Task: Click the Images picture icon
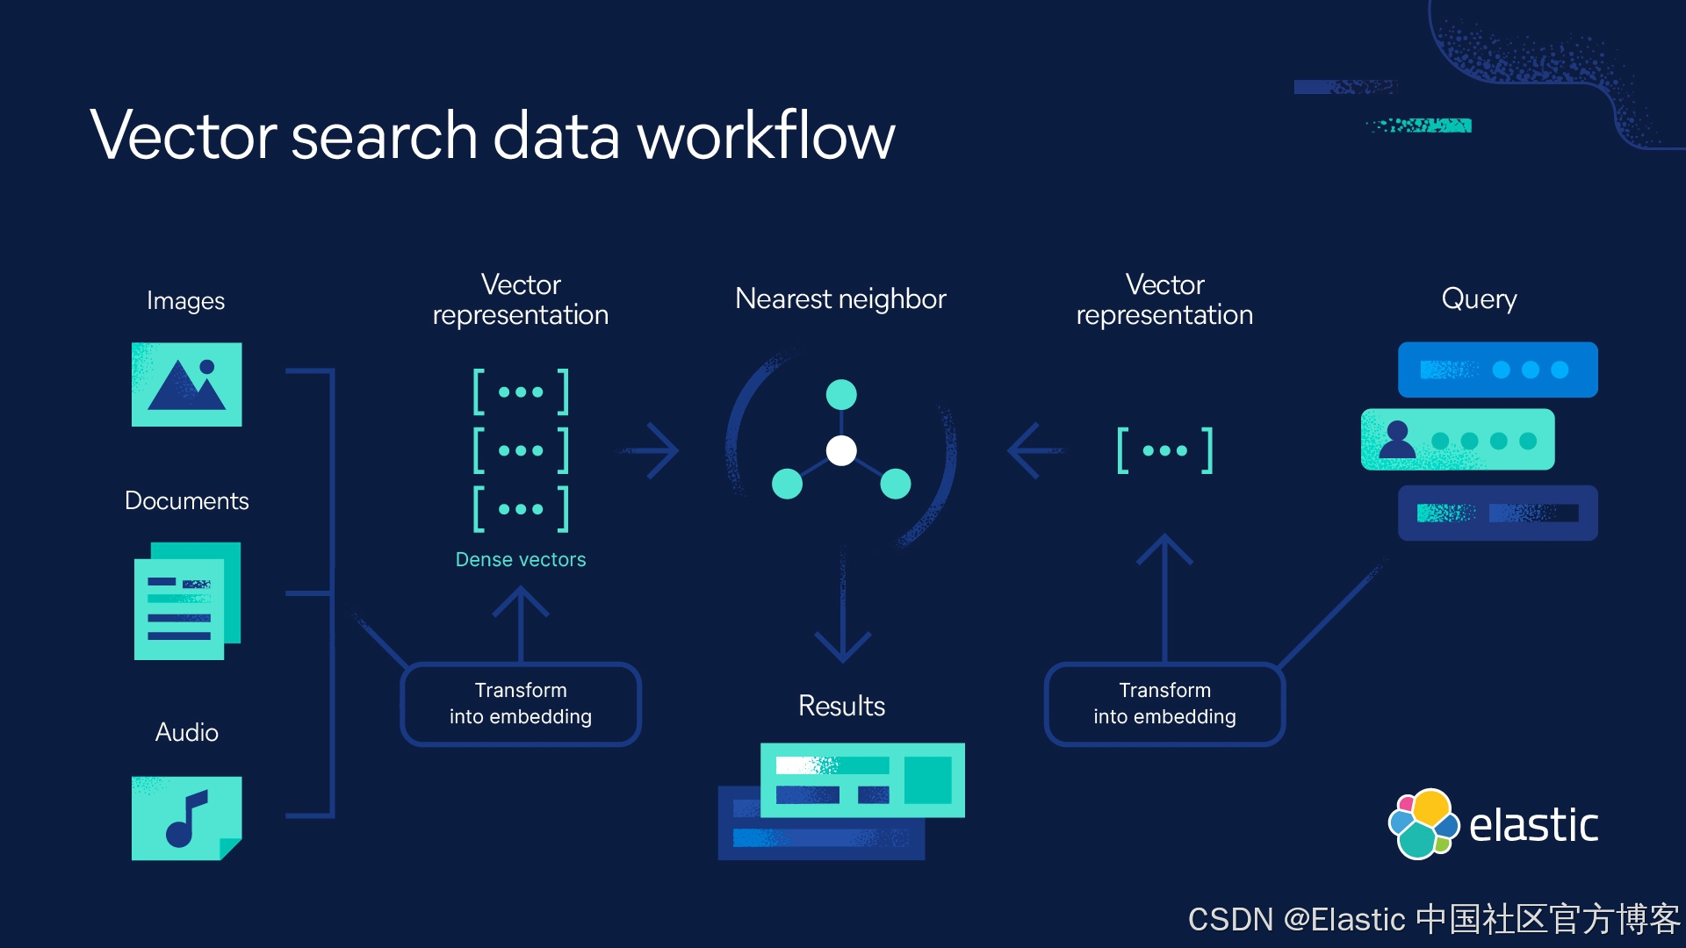[186, 384]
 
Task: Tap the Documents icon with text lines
[187, 601]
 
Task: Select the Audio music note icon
[186, 818]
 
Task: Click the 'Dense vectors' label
[521, 560]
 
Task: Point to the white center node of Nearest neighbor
[841, 450]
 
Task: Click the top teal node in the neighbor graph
[841, 395]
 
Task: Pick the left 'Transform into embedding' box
[521, 704]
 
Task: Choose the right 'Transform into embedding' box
[1164, 704]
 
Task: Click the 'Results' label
[841, 706]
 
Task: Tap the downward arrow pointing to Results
[842, 606]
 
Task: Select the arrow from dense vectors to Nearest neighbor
[650, 450]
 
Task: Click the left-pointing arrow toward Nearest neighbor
[1036, 450]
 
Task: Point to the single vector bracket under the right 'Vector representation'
[1164, 450]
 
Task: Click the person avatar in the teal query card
[1397, 439]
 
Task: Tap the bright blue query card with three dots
[1498, 370]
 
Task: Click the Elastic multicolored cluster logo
[1423, 824]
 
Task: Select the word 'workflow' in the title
[766, 135]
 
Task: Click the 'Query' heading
[1479, 300]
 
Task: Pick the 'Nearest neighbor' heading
[840, 299]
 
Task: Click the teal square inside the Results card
[928, 779]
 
